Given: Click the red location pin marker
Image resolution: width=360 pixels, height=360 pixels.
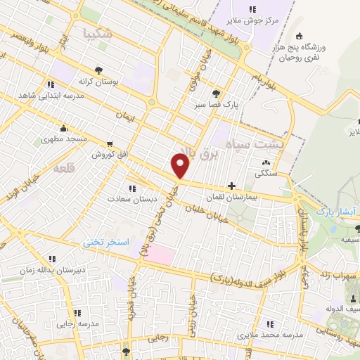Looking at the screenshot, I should coord(181,166).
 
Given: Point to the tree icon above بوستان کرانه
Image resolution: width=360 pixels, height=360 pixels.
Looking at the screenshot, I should coord(98,70).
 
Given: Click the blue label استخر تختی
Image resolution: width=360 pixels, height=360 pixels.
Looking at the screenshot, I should coord(108,242).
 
